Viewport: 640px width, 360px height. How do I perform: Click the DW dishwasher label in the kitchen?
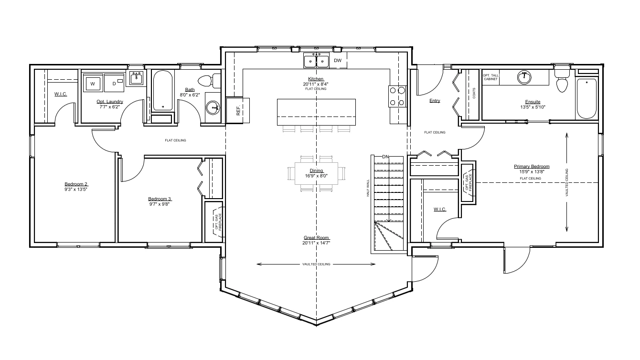click(338, 60)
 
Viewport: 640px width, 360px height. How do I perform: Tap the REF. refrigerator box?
click(238, 111)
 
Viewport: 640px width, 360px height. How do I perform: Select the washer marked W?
click(93, 83)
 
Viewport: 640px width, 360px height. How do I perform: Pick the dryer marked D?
click(114, 83)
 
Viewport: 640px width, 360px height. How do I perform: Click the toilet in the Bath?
click(209, 81)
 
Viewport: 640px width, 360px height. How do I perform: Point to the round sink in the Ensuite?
click(524, 77)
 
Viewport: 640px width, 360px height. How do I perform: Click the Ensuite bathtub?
click(587, 98)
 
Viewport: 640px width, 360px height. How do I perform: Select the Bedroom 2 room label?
click(76, 184)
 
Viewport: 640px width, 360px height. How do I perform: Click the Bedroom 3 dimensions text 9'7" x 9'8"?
click(160, 204)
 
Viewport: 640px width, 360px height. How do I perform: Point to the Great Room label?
click(316, 237)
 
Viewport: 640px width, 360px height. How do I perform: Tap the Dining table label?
click(316, 170)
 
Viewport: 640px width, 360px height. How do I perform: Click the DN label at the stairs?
click(385, 157)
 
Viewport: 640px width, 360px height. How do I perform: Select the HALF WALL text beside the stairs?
click(368, 188)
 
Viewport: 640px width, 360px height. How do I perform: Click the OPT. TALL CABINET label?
click(491, 77)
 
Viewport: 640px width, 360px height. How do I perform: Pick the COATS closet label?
click(474, 93)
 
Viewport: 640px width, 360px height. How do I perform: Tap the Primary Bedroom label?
click(532, 166)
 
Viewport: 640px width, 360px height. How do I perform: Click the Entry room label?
click(435, 101)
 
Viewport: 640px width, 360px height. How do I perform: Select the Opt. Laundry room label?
click(110, 101)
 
